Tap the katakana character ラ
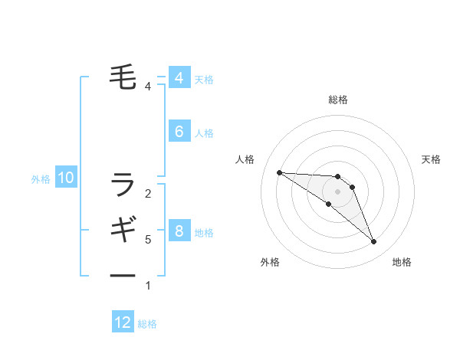[123, 184]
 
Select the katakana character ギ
[123, 229]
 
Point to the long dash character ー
[123, 275]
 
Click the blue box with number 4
[179, 78]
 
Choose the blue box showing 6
[179, 132]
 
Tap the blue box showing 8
[179, 231]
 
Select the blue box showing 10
[66, 178]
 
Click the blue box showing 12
[123, 322]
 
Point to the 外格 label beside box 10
[41, 179]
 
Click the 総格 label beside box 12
[147, 324]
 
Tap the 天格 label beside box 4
[204, 79]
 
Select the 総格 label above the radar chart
[338, 100]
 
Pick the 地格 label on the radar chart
[402, 262]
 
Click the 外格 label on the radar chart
[270, 262]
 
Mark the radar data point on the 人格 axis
[279, 172]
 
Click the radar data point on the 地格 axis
[373, 242]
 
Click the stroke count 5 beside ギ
[148, 240]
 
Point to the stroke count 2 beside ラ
[148, 193]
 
